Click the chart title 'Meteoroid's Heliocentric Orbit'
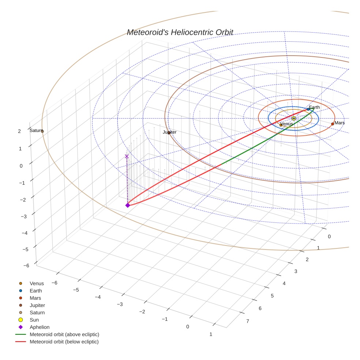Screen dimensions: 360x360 point(180,32)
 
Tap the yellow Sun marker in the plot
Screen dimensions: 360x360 point(293,118)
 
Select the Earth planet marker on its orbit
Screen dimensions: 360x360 point(308,109)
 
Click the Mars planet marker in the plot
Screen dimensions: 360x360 point(332,124)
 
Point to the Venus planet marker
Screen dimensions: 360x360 point(281,125)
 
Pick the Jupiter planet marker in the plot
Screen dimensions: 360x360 point(169,133)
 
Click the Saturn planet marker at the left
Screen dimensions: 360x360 point(42,131)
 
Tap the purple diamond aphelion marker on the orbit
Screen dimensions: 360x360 point(127,205)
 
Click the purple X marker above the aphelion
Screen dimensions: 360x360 point(127,156)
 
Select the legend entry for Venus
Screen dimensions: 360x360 point(37,284)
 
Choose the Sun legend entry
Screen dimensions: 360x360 point(34,320)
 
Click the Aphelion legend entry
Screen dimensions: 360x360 point(39,327)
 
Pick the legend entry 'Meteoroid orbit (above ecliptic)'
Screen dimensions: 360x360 point(64,334)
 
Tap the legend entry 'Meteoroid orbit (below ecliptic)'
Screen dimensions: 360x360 point(64,342)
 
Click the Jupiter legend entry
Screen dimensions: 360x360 point(37,305)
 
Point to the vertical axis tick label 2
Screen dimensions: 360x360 point(19,131)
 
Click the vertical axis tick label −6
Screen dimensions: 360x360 point(26,266)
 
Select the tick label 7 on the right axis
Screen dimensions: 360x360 point(248,321)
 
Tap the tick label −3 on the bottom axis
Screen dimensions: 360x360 point(119,304)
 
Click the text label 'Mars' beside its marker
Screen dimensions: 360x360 point(340,123)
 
